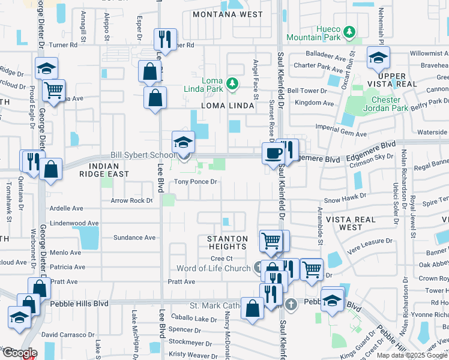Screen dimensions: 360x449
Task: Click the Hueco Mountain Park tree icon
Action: click(x=348, y=29)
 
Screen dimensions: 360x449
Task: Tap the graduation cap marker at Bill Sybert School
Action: click(x=183, y=142)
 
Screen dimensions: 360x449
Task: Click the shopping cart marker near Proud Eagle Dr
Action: click(x=54, y=91)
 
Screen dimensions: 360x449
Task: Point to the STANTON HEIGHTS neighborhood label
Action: click(x=228, y=242)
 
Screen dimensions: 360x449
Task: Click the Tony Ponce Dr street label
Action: click(x=195, y=182)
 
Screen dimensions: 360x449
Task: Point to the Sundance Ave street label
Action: click(x=134, y=238)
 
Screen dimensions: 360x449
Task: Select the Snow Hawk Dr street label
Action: click(x=345, y=196)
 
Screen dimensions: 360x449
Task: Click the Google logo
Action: click(x=19, y=353)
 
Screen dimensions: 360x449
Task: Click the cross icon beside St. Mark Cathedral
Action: click(x=291, y=304)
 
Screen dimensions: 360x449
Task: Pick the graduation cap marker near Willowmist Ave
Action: click(x=378, y=58)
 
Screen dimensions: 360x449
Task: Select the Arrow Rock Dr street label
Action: click(x=131, y=201)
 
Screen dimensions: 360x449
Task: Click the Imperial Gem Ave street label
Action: click(x=340, y=135)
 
